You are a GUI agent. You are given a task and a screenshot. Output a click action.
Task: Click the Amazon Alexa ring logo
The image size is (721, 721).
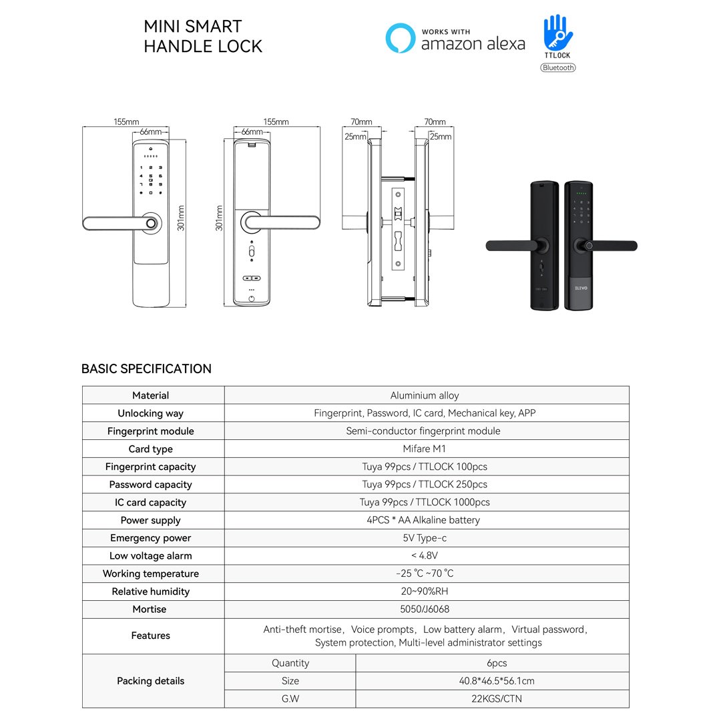click(x=400, y=37)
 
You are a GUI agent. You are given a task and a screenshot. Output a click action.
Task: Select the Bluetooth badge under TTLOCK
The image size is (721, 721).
click(x=557, y=67)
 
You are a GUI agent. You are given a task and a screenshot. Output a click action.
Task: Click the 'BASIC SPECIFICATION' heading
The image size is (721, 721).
click(x=146, y=369)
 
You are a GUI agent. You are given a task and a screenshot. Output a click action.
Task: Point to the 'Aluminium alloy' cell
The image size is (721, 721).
click(x=425, y=395)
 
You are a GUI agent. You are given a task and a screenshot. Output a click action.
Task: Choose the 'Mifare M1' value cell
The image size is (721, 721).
click(x=424, y=449)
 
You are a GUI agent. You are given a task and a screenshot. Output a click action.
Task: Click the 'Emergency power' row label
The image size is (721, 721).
click(x=150, y=538)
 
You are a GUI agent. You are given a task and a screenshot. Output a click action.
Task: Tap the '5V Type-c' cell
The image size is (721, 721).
click(x=425, y=538)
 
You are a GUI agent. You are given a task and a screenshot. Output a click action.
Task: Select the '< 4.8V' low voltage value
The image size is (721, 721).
click(x=425, y=555)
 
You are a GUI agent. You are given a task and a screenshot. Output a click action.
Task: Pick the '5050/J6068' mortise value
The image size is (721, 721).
click(x=425, y=610)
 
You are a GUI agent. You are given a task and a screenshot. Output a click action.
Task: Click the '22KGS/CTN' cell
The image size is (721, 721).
click(x=497, y=699)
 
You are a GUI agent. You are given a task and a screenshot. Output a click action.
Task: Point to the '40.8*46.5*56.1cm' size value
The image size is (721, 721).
click(x=497, y=681)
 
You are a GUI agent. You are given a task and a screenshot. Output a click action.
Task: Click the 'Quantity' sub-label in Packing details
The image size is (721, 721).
click(x=290, y=663)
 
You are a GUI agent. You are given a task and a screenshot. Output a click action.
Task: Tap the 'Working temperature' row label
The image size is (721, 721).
click(x=150, y=574)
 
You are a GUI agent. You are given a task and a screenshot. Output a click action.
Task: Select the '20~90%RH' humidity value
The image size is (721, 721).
click(x=425, y=591)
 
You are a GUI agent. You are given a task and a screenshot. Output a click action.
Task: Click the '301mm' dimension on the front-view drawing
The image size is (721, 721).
click(x=181, y=218)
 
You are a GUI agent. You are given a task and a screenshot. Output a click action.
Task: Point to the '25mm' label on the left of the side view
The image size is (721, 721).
click(x=355, y=137)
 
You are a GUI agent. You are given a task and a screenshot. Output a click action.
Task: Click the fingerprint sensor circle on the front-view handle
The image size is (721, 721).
click(x=151, y=224)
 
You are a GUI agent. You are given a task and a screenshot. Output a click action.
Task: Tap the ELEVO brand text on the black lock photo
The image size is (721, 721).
click(x=581, y=288)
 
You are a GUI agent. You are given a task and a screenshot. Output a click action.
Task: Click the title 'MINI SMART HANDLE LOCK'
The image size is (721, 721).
click(x=203, y=36)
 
